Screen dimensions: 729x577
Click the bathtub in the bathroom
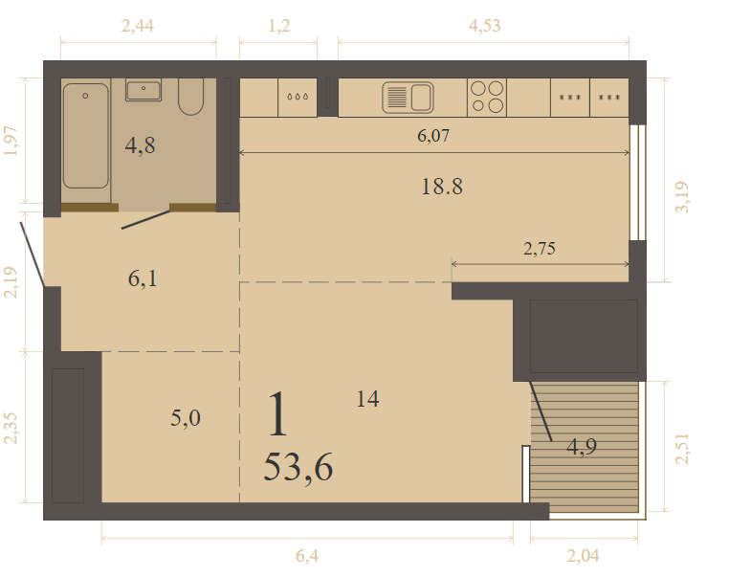(x=85, y=136)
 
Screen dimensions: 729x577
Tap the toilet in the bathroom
(x=190, y=97)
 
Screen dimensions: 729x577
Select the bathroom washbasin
(x=144, y=90)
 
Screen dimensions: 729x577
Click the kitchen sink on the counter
(x=408, y=98)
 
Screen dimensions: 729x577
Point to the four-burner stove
(x=487, y=98)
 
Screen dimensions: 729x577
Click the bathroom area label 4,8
(x=140, y=145)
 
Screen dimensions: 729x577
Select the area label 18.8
(x=442, y=187)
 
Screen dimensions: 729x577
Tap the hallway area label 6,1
(x=143, y=279)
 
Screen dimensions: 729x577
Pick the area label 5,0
(x=185, y=417)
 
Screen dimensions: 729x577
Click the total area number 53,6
(x=298, y=468)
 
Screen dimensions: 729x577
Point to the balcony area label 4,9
(x=581, y=447)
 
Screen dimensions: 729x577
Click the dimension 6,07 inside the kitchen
(x=433, y=136)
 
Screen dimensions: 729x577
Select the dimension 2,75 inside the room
(x=540, y=249)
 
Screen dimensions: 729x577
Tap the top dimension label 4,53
(x=484, y=26)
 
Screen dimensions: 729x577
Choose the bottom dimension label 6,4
(x=307, y=556)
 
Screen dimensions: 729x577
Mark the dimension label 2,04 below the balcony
(x=583, y=556)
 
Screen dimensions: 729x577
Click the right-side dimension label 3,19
(x=682, y=197)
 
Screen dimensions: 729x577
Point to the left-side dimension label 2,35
(x=11, y=428)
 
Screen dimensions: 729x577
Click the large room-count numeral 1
(x=278, y=414)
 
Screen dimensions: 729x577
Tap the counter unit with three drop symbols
(x=298, y=98)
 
